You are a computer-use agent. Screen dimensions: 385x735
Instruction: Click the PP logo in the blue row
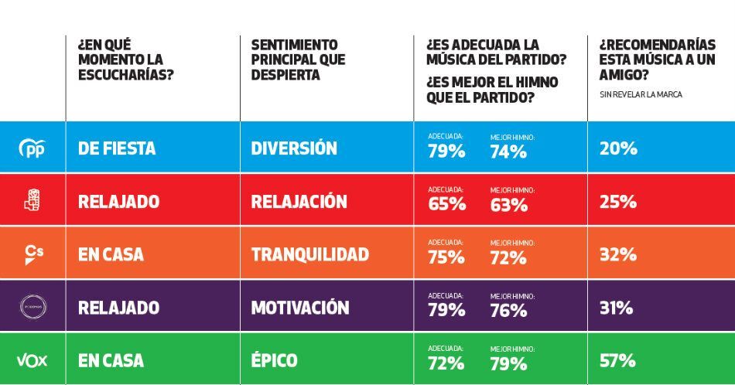click(32, 148)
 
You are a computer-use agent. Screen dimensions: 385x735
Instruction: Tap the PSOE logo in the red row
click(32, 201)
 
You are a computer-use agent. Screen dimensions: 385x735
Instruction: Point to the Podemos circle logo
click(32, 307)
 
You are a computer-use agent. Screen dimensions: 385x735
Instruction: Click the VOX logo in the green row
click(32, 360)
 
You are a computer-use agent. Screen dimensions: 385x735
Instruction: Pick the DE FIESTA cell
click(117, 148)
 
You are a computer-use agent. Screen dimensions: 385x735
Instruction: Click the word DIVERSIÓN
click(294, 148)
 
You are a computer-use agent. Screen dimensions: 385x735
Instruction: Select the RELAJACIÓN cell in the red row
click(299, 202)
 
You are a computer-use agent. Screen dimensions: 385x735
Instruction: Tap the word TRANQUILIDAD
click(309, 254)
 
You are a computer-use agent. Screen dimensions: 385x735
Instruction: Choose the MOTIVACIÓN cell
click(300, 308)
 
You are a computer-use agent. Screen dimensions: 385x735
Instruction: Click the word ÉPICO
click(274, 360)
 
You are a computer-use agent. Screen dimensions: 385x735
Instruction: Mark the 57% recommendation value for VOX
click(617, 360)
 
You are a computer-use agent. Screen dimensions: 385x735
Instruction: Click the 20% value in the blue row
click(617, 148)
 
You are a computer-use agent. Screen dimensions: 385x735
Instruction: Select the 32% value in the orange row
click(617, 254)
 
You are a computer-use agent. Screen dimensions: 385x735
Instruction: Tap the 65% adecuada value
click(446, 205)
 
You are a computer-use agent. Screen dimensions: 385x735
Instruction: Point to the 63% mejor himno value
click(508, 205)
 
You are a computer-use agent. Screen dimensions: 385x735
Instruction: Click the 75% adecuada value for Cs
click(446, 258)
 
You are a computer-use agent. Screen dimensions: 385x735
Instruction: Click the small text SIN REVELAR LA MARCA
click(641, 94)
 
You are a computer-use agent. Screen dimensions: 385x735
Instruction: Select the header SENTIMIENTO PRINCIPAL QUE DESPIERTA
click(299, 60)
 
